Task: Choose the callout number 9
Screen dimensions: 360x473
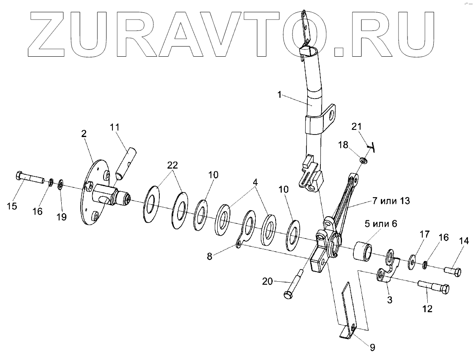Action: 372,347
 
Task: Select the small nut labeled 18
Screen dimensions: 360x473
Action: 363,160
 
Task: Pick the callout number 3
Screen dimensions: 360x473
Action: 389,300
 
